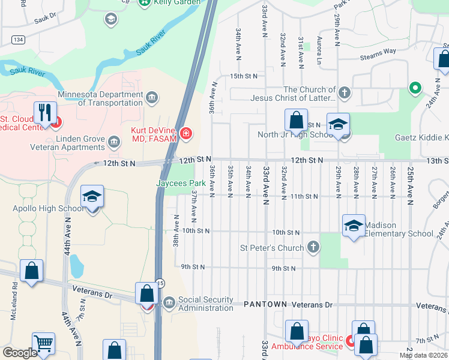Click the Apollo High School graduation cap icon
(92, 197)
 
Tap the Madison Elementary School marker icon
(354, 226)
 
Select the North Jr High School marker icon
(338, 124)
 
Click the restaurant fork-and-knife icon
(46, 112)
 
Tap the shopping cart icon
(44, 344)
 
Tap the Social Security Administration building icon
(169, 301)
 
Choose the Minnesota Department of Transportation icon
(151, 98)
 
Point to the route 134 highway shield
(18, 40)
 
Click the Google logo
(20, 353)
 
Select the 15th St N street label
(244, 76)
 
